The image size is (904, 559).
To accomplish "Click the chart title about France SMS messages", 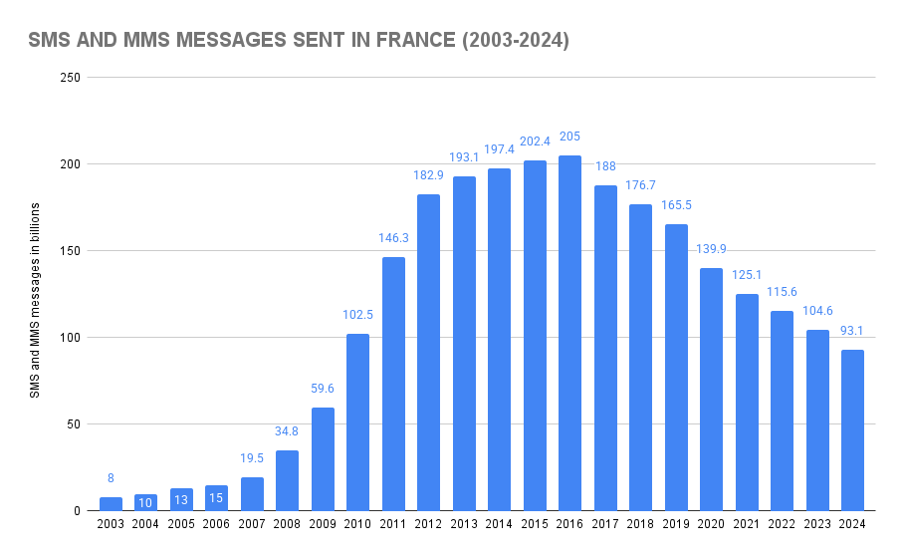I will click(x=299, y=41).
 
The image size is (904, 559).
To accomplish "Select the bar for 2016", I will click(x=569, y=333).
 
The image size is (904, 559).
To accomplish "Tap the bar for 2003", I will click(x=111, y=503).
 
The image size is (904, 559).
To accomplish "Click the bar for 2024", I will click(x=852, y=429).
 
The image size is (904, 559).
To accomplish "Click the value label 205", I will click(x=569, y=137).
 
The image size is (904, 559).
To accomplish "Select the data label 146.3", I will click(x=393, y=238).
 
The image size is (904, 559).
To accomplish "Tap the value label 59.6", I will click(x=323, y=389).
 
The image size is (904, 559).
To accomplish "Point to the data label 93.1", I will click(x=852, y=331).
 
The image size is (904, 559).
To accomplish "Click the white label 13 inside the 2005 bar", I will click(x=181, y=499).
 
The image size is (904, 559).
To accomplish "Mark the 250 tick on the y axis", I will click(x=70, y=78).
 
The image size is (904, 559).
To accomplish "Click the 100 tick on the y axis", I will click(x=70, y=338).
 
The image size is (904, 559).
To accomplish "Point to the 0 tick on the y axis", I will click(x=77, y=511).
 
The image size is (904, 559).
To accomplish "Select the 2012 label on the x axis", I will click(x=428, y=525).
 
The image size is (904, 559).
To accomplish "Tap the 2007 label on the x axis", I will click(x=252, y=525).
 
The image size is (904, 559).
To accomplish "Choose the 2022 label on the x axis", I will click(x=782, y=525).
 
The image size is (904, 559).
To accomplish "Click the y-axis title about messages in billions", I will click(x=35, y=300).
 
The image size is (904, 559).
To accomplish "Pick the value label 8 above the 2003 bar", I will click(x=111, y=478).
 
